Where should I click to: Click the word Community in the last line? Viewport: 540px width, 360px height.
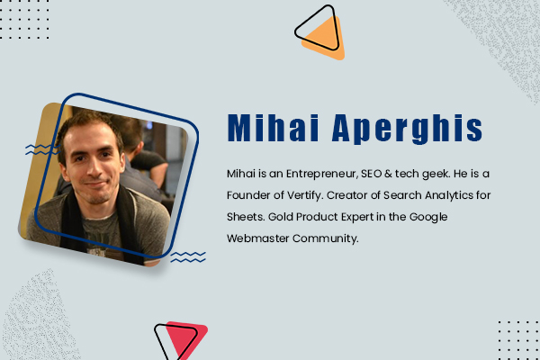(340, 240)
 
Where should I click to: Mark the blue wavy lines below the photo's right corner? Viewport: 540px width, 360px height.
(188, 257)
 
